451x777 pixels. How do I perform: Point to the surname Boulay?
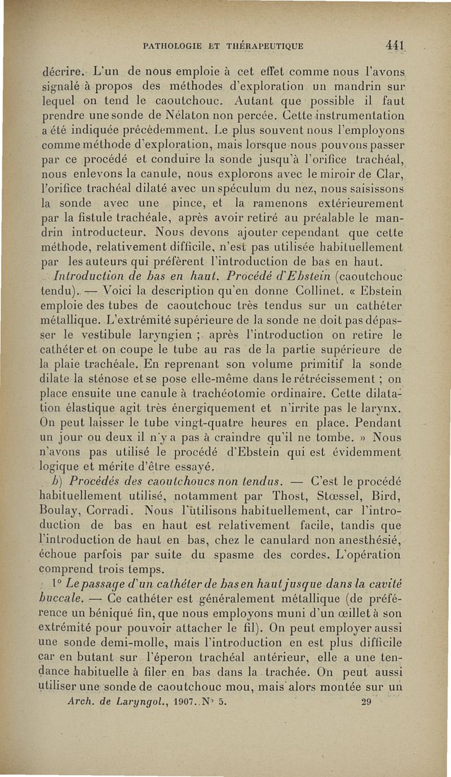64,513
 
